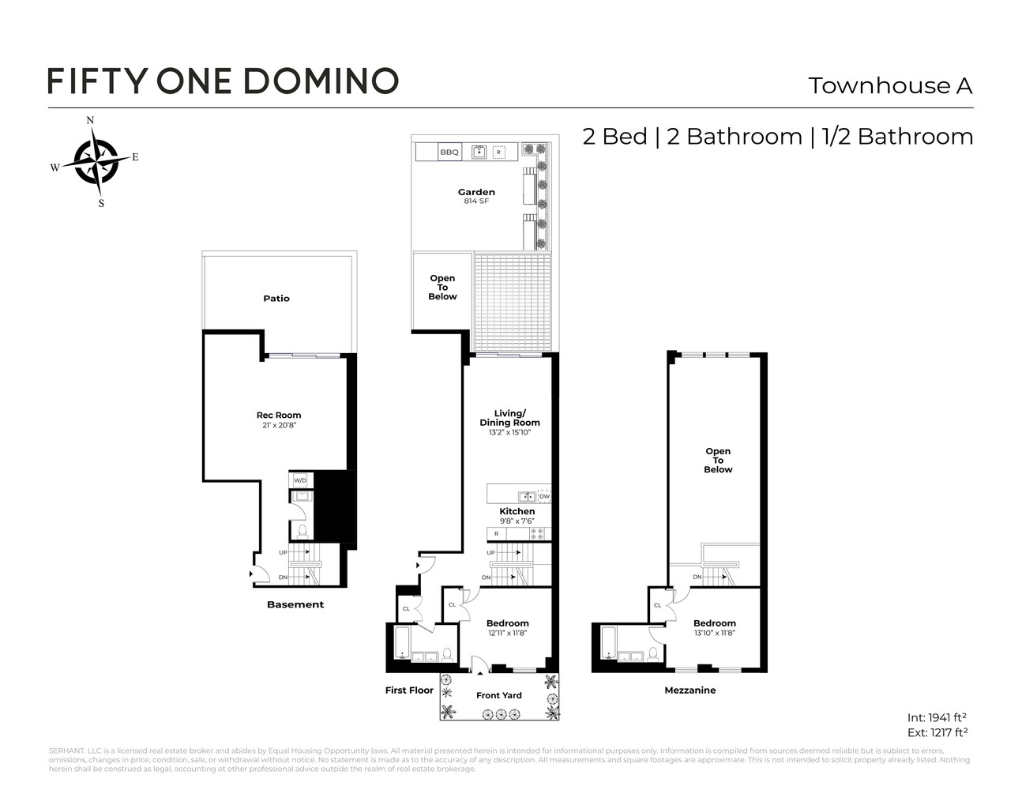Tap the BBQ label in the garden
coord(449,152)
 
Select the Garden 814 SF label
coord(476,196)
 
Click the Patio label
coord(276,299)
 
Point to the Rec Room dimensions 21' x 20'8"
coord(278,425)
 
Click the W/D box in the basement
coord(300,480)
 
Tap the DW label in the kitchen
coord(544,496)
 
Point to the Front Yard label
coord(498,695)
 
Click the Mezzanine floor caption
coord(689,690)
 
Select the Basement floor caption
coord(295,604)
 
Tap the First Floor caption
coord(409,690)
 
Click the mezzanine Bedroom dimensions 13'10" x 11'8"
coord(714,633)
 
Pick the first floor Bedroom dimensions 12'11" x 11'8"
coord(507,633)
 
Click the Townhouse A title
coord(889,85)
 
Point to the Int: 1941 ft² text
coord(937,717)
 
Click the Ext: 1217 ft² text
coord(937,732)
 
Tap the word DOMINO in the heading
coord(320,81)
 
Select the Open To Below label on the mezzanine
coord(718,460)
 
